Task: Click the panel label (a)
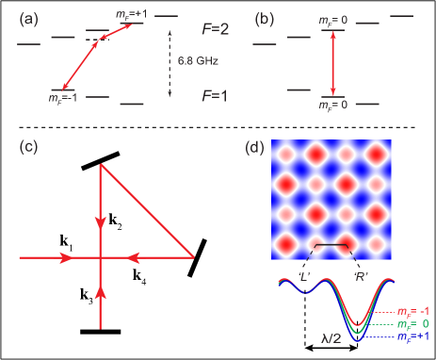(27, 16)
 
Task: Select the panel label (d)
(253, 147)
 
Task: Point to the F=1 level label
(218, 95)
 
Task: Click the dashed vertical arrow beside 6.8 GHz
(170, 63)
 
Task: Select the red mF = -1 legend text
(412, 310)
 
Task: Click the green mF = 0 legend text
(412, 322)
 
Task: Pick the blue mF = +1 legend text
(412, 335)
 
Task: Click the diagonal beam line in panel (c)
(148, 210)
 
